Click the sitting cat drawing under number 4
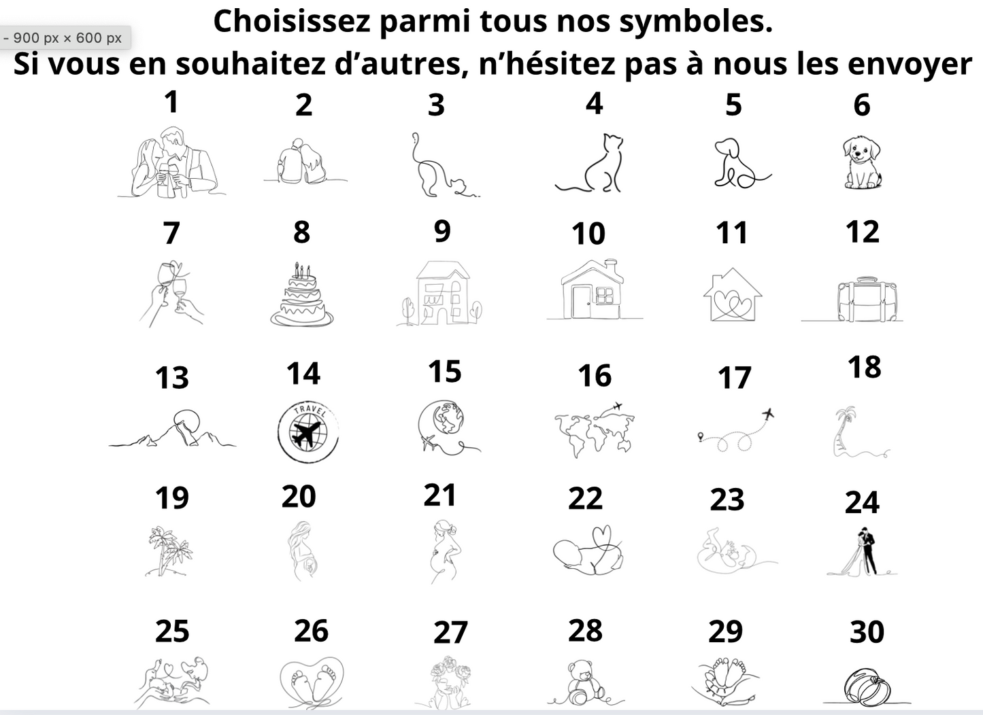593,163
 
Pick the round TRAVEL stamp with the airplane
307,432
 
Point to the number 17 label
734,378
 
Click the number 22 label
585,499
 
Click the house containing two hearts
732,296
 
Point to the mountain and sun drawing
173,430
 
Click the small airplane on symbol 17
768,413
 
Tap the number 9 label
442,231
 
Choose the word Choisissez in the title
292,22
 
